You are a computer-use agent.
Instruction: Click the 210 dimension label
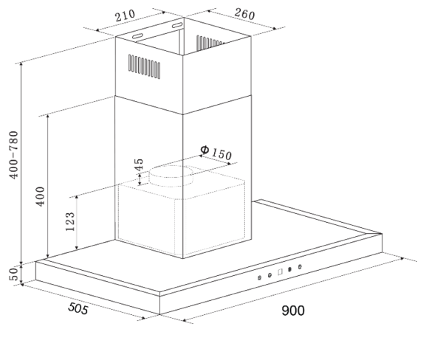[125, 15]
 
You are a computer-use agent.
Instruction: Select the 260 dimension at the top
[244, 14]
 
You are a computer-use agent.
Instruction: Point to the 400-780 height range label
[13, 154]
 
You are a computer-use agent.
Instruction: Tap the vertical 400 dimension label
[41, 196]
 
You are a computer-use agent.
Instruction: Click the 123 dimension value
[70, 221]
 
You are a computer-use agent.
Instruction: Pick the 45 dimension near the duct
[139, 165]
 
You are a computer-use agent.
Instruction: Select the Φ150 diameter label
[216, 153]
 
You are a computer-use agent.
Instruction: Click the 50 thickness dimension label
[14, 274]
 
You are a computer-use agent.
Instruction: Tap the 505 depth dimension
[78, 308]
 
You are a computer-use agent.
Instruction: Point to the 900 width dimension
[293, 311]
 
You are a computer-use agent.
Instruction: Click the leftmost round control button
[259, 278]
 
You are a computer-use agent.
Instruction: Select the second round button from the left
[269, 275]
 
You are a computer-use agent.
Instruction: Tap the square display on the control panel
[280, 272]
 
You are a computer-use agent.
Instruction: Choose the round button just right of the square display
[289, 269]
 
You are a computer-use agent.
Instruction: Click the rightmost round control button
[300, 266]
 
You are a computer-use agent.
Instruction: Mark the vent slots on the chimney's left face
[145, 66]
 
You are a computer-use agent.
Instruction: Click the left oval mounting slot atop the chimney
[138, 36]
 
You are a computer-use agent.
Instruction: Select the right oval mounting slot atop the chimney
[177, 25]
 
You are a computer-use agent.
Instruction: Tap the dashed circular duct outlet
[171, 176]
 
